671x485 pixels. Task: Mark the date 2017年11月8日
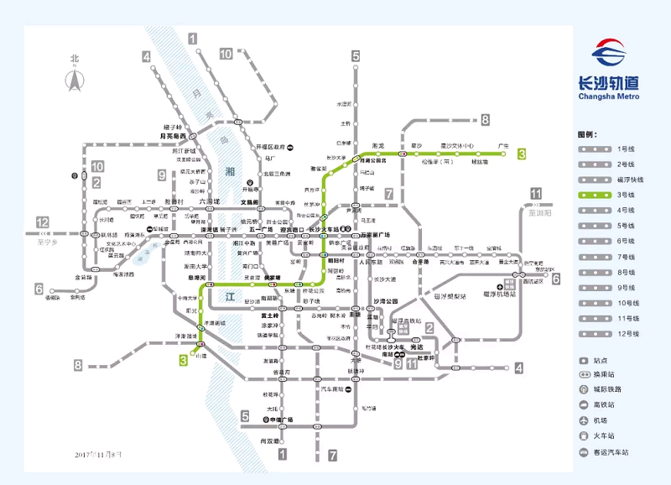tap(98, 454)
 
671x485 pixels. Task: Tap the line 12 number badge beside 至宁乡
tap(42, 222)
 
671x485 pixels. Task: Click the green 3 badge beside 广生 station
tap(522, 154)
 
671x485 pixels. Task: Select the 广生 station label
tap(504, 144)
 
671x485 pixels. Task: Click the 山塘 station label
tap(200, 356)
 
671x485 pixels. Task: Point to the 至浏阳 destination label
tap(540, 213)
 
